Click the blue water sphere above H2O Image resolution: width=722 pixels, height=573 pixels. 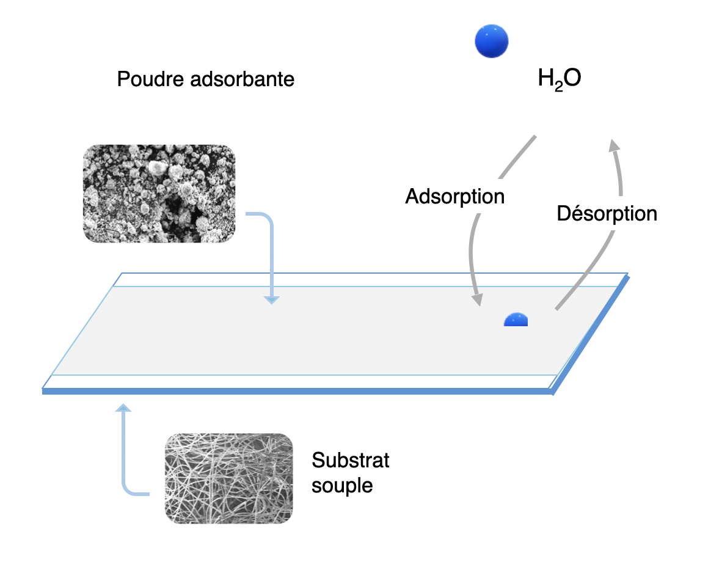pos(492,42)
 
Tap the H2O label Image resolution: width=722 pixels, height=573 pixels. pos(559,79)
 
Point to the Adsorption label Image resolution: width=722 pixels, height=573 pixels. pos(455,197)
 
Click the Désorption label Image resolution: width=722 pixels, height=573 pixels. pos(607,214)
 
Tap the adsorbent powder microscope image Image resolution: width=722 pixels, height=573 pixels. pos(159,193)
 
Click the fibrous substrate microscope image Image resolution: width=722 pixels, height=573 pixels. pos(228,478)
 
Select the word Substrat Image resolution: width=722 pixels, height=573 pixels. pos(350,460)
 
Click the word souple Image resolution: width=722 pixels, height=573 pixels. pos(342,486)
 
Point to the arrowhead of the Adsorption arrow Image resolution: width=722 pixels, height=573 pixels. pos(477,300)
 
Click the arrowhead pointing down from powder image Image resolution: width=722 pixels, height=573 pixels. pos(271,299)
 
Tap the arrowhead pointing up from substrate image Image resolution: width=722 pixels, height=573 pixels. pos(124,407)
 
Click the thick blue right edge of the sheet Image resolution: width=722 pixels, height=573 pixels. pos(589,335)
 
